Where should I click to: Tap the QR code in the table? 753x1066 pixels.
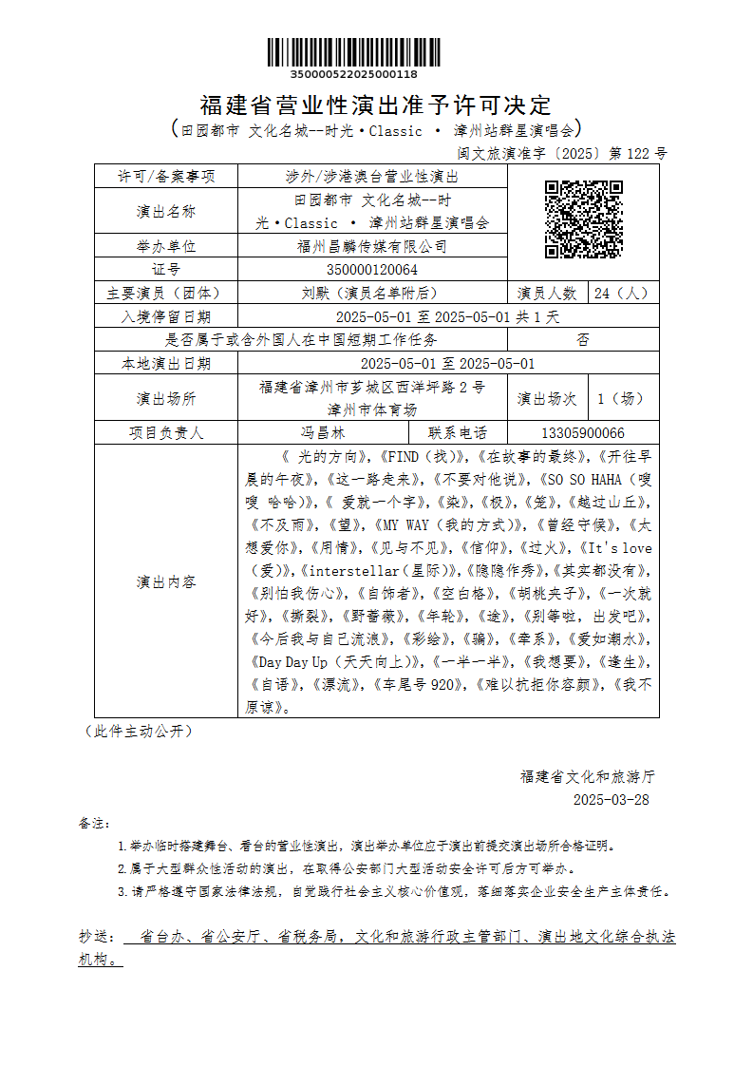coord(583,219)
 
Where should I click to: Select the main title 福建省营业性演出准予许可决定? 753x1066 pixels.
coord(376,104)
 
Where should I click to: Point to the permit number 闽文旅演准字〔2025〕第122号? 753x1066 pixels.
coord(562,153)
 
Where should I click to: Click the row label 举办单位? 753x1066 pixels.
coord(166,246)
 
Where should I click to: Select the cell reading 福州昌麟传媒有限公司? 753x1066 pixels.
coord(371,246)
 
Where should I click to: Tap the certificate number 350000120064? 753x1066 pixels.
coord(371,270)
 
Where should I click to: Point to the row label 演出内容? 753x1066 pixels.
coord(166,581)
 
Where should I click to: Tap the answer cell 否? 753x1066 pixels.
coord(582,339)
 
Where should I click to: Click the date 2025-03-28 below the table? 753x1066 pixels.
coord(611,799)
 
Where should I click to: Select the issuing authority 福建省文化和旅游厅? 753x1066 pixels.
coord(587,776)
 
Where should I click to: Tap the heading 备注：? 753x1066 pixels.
coord(95,823)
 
